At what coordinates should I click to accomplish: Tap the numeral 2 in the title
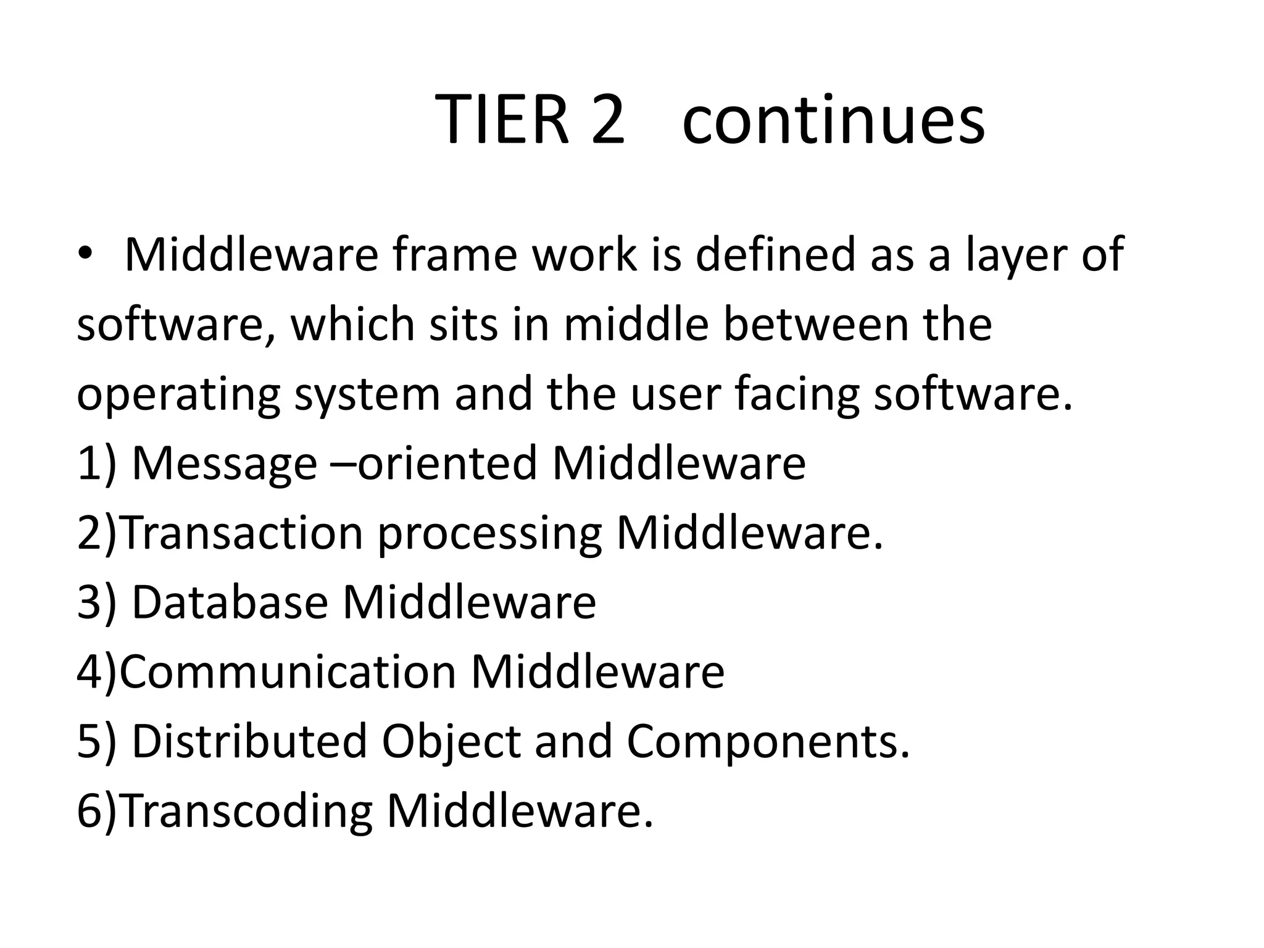[x=607, y=120]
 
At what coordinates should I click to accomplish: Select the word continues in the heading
[x=833, y=120]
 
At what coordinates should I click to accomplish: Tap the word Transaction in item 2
[x=241, y=533]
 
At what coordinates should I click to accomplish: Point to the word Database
[x=230, y=602]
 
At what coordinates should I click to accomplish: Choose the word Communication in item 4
[x=288, y=671]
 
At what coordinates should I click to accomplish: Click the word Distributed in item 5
[x=249, y=741]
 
